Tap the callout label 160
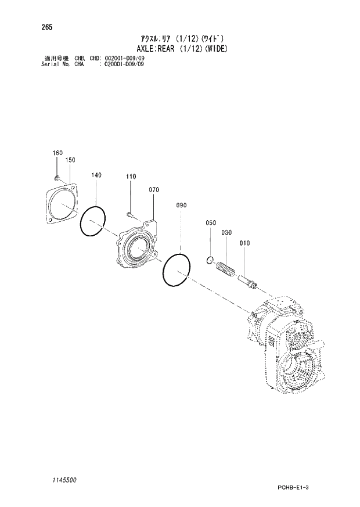point(57,153)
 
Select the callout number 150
point(70,159)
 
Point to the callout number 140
point(96,174)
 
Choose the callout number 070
point(154,189)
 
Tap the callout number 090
point(181,205)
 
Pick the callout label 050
point(210,222)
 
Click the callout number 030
point(226,232)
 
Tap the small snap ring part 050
point(211,260)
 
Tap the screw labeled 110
point(131,215)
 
